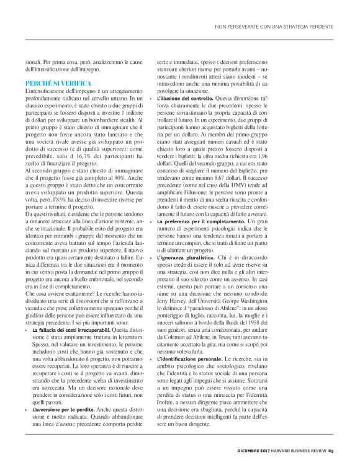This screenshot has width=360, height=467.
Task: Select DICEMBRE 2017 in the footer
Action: [x=256, y=449]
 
